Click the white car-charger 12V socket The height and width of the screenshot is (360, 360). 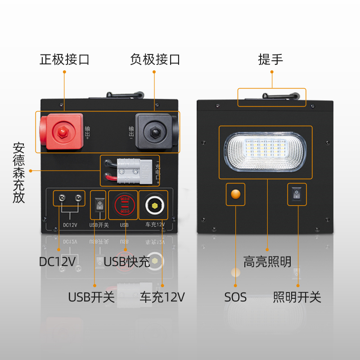point(154,206)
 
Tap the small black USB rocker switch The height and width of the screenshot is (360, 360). point(99,206)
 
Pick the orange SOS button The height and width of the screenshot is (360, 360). point(235,194)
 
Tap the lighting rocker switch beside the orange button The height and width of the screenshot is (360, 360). point(296,194)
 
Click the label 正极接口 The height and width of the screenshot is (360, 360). point(64,59)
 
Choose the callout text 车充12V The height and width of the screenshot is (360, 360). point(162,297)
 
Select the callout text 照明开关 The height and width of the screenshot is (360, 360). point(297,297)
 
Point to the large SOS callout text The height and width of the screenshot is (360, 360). point(235,297)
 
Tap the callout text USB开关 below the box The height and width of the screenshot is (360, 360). point(91,297)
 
